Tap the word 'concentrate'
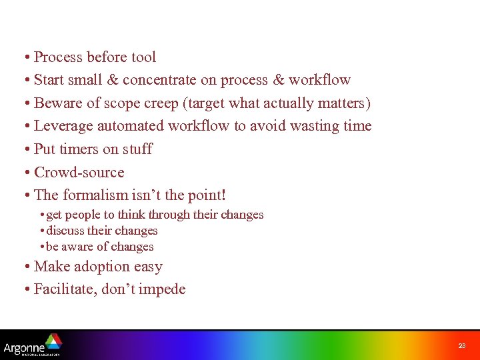[x=160, y=80]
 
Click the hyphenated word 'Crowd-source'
[x=79, y=172]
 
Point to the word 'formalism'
[x=95, y=195]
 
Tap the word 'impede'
[x=163, y=289]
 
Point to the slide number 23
[x=462, y=345]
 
